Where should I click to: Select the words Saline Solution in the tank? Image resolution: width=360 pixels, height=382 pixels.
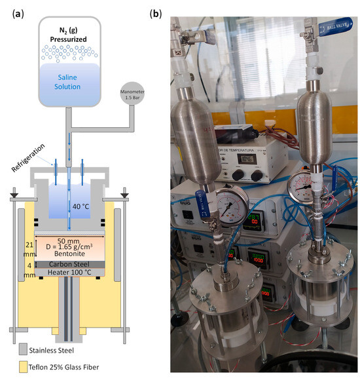pos(69,81)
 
